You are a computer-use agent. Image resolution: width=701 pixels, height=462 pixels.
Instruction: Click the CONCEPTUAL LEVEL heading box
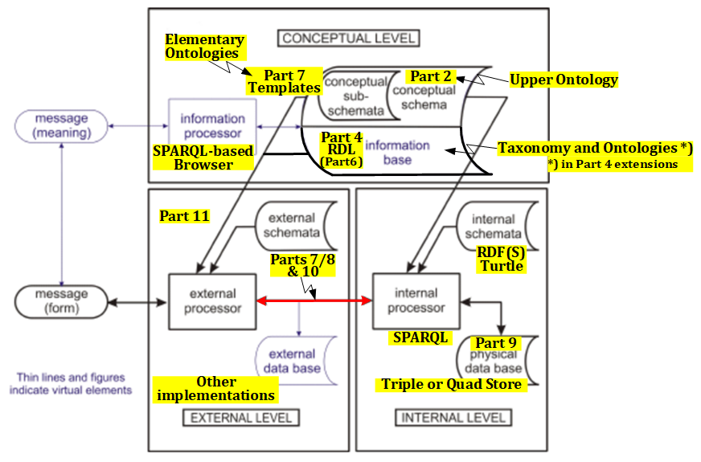tap(350, 38)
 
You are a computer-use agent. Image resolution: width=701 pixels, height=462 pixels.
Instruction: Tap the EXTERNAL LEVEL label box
tap(241, 418)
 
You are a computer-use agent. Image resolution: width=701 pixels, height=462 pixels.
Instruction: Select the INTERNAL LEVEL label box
tap(453, 418)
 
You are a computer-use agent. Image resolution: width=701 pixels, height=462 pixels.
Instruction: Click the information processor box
tap(211, 126)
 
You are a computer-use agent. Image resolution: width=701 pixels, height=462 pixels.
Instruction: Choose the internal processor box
tap(416, 301)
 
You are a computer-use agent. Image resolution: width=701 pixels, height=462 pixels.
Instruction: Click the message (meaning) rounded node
tap(62, 126)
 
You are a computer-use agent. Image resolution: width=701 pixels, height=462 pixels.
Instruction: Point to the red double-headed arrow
tap(314, 301)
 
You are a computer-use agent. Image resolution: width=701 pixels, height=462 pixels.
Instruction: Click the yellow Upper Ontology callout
tap(564, 80)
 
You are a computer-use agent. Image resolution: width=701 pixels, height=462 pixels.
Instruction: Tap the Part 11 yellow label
tap(184, 216)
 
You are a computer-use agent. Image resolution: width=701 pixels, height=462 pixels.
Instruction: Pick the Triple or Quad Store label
tap(451, 384)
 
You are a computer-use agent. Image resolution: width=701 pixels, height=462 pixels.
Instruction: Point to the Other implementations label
tap(215, 388)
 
